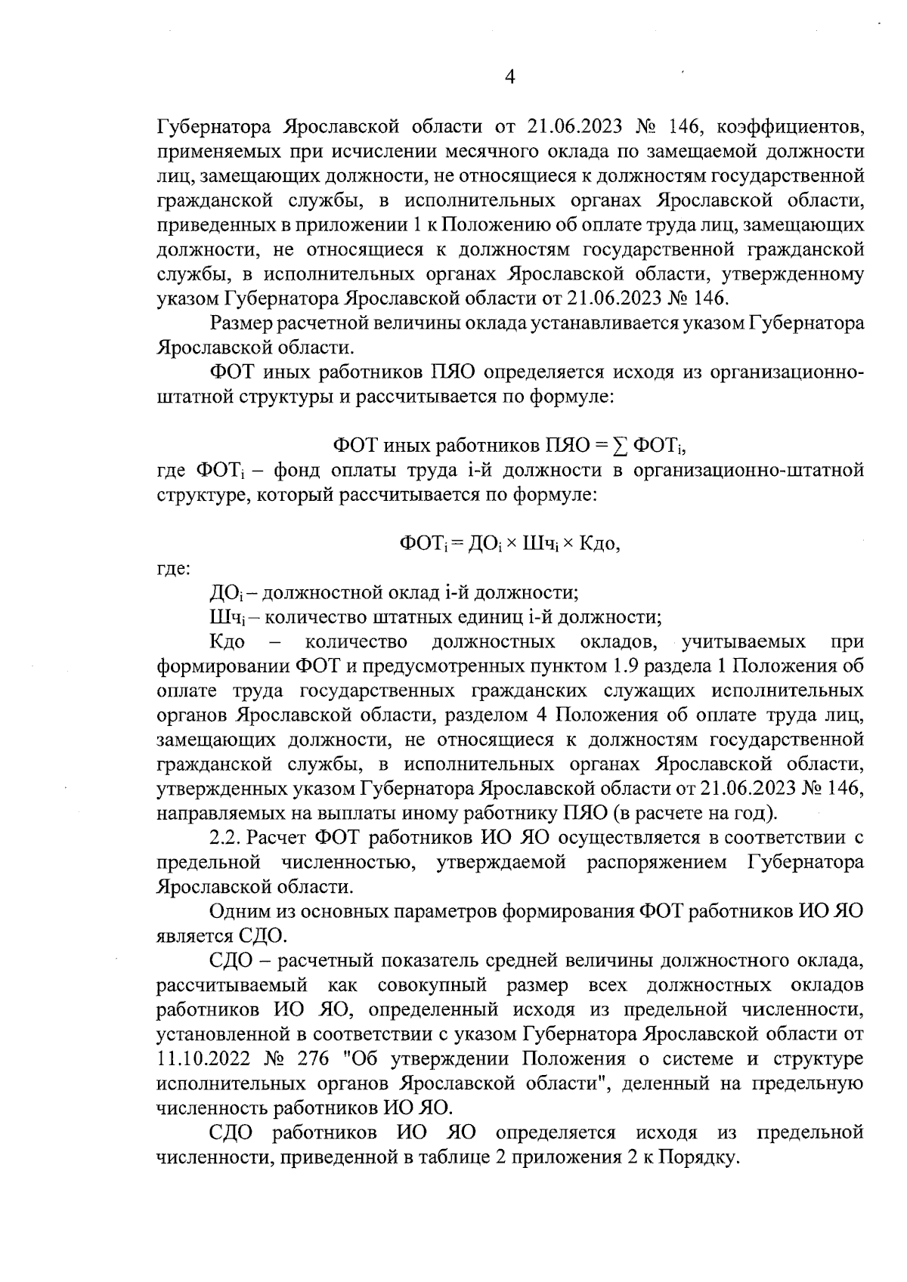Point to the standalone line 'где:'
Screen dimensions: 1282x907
coord(173,569)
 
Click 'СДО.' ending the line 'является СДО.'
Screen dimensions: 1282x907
coord(263,937)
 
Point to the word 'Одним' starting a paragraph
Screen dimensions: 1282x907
coord(241,911)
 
